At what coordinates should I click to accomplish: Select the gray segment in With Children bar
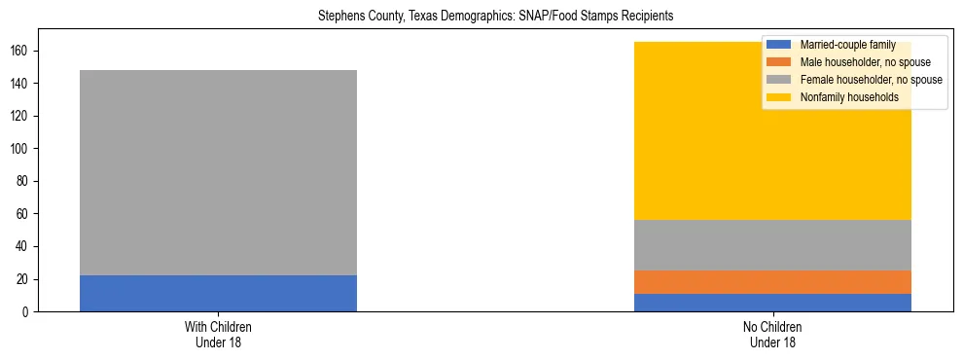(218, 172)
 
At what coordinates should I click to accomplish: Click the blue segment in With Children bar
(218, 294)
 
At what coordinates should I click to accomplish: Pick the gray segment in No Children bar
(772, 245)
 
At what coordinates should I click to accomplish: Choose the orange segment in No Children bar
(772, 282)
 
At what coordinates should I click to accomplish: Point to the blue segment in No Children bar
(772, 303)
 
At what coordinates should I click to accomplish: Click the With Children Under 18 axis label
(218, 334)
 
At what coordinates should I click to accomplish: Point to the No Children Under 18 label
(772, 334)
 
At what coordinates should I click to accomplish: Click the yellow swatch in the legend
(779, 97)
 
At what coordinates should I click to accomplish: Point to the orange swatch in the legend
(779, 62)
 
